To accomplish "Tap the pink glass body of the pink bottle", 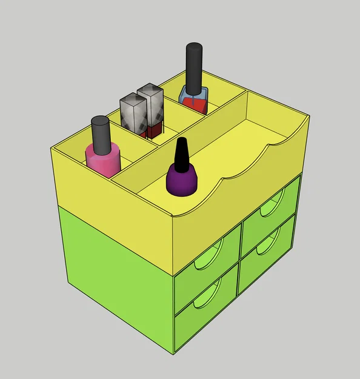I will click(104, 161).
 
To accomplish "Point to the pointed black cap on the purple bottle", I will click(181, 155).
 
